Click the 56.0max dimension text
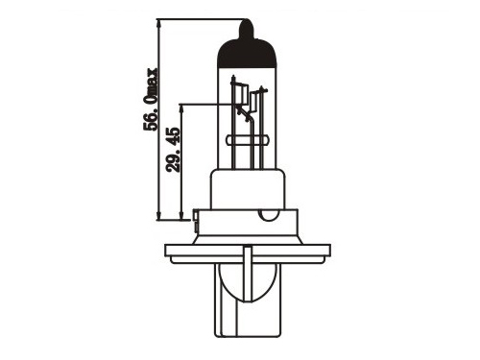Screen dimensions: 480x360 pyautogui.click(x=151, y=99)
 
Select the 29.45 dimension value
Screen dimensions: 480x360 pyautogui.click(x=174, y=150)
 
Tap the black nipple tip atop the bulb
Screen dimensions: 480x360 pyautogui.click(x=247, y=28)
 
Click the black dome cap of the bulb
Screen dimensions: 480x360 pyautogui.click(x=247, y=53)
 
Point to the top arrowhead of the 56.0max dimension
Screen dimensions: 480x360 pyautogui.click(x=158, y=23)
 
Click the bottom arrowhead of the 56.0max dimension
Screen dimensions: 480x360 pyautogui.click(x=158, y=216)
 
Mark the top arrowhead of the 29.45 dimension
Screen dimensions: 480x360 pyautogui.click(x=181, y=108)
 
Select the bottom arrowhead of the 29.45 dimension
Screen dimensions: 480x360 pyautogui.click(x=181, y=216)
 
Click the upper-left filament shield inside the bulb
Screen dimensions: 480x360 pyautogui.click(x=241, y=94)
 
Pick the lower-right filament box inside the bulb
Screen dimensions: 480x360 pyautogui.click(x=255, y=102)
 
